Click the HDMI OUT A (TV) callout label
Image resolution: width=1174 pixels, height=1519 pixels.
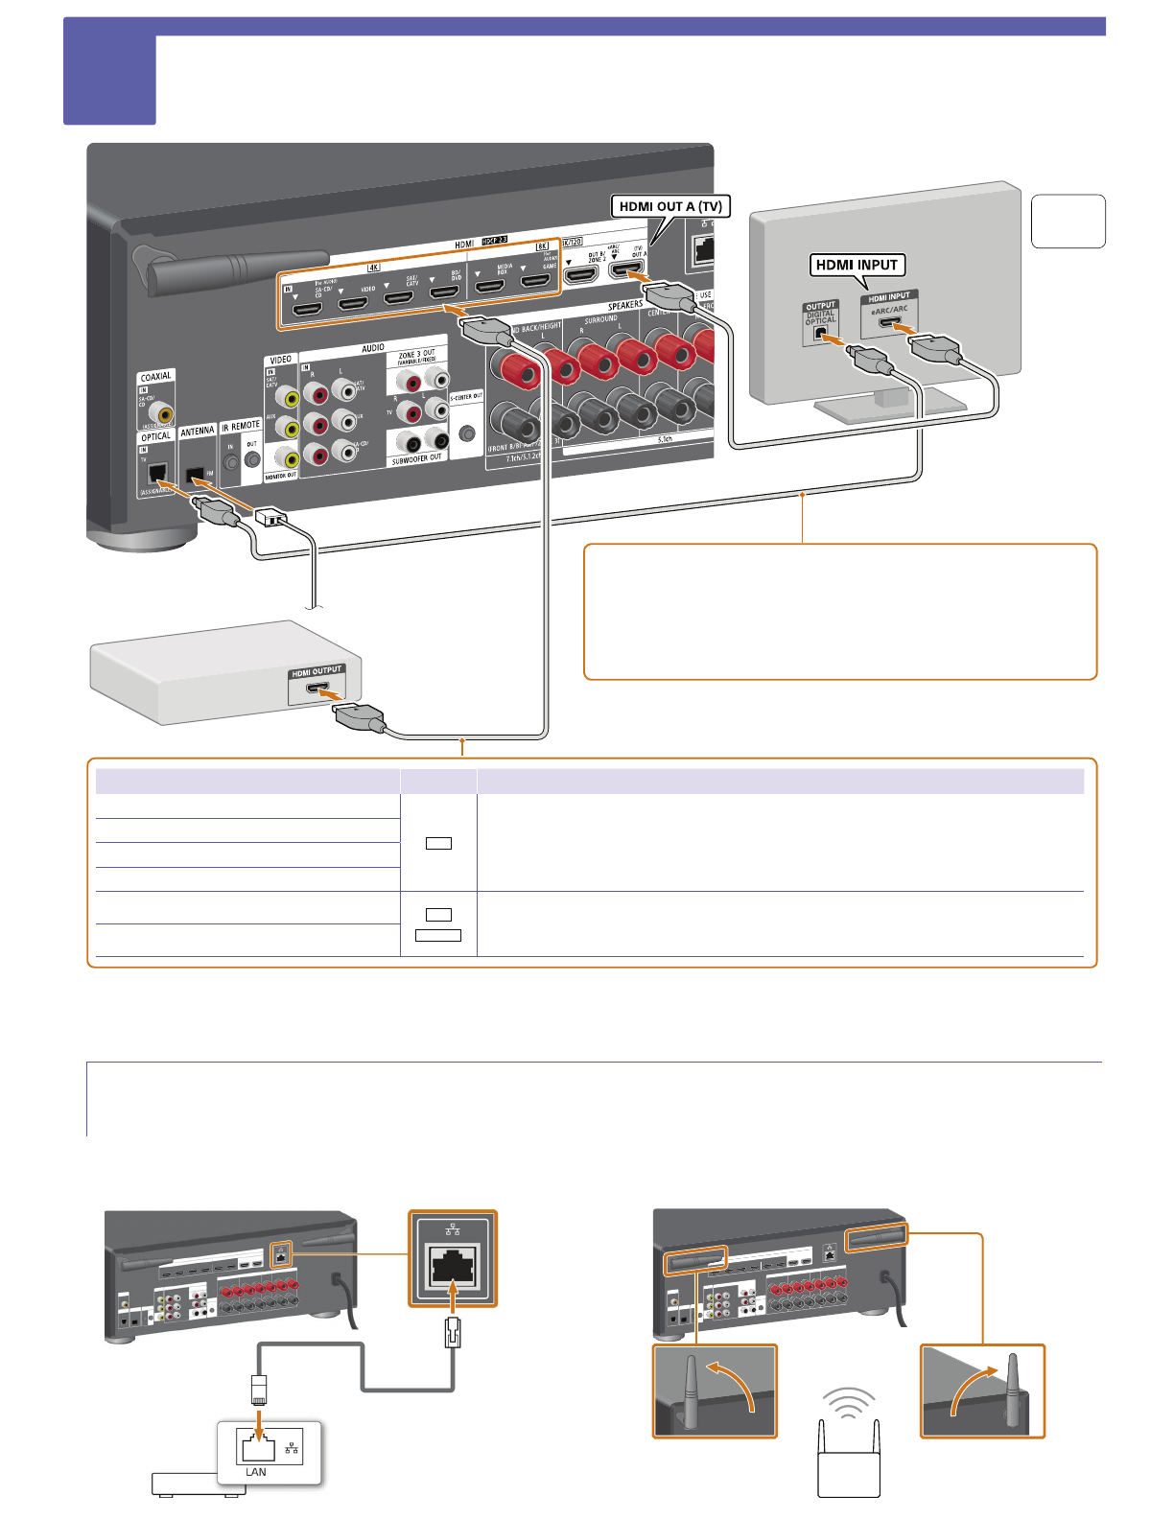point(670,206)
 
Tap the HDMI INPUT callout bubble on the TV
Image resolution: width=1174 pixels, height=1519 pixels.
point(857,265)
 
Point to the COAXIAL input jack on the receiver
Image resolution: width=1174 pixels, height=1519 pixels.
point(165,413)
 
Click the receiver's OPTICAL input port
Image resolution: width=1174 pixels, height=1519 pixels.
point(158,473)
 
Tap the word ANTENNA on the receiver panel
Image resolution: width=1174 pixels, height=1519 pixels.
point(198,432)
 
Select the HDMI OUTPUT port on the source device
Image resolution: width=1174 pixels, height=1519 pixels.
point(317,689)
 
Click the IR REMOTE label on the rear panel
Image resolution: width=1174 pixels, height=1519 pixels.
point(241,426)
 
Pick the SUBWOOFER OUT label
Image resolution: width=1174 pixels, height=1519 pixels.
point(416,459)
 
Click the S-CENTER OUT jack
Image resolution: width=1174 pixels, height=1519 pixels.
point(467,432)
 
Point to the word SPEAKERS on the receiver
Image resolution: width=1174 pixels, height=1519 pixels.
point(625,305)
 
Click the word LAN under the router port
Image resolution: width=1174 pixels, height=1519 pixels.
point(256,1472)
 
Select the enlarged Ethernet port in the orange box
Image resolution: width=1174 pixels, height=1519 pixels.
point(453,1266)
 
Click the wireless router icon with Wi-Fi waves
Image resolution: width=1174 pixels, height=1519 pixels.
point(849,1443)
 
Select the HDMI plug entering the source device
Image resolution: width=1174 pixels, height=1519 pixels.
point(359,717)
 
